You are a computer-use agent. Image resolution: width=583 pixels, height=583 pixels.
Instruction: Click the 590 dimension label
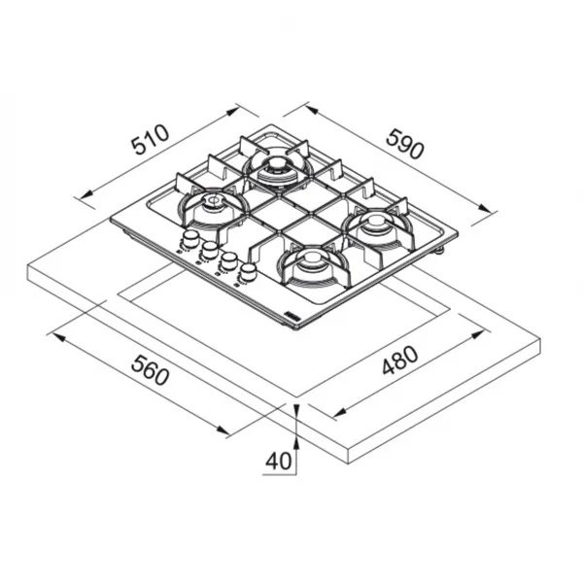405,144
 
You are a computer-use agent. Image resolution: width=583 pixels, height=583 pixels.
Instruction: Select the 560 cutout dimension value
151,370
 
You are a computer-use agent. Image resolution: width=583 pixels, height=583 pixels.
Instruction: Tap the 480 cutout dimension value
400,360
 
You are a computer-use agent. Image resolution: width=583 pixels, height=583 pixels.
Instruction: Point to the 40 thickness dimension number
278,461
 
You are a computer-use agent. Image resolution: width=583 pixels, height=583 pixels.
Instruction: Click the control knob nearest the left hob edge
190,239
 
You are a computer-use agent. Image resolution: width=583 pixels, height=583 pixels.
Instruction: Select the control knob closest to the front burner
248,271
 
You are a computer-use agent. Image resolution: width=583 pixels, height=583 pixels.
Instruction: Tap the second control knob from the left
210,250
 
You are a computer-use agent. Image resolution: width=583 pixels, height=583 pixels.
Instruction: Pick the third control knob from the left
229,260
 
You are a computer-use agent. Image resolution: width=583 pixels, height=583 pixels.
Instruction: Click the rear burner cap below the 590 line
276,164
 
